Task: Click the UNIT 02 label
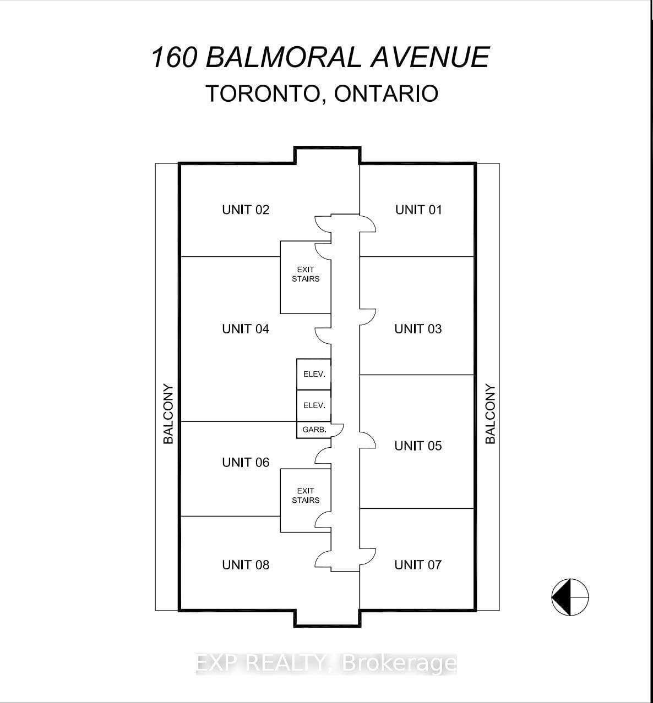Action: click(246, 210)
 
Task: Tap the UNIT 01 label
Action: click(418, 210)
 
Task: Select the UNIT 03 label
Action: click(418, 329)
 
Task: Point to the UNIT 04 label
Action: click(246, 329)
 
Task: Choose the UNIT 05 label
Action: click(418, 446)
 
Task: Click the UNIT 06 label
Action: click(246, 463)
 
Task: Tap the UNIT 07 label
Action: click(418, 565)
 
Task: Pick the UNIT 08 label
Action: click(246, 565)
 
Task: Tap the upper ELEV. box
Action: click(314, 374)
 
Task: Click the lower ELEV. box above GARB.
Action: click(314, 405)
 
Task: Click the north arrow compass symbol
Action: click(570, 597)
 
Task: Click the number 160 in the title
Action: click(173, 57)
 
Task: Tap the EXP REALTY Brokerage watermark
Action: click(326, 663)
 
